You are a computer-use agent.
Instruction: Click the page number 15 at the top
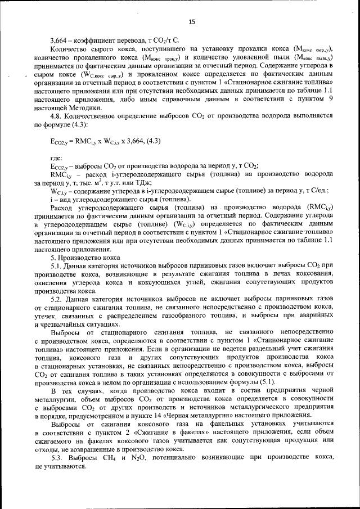(191, 22)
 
